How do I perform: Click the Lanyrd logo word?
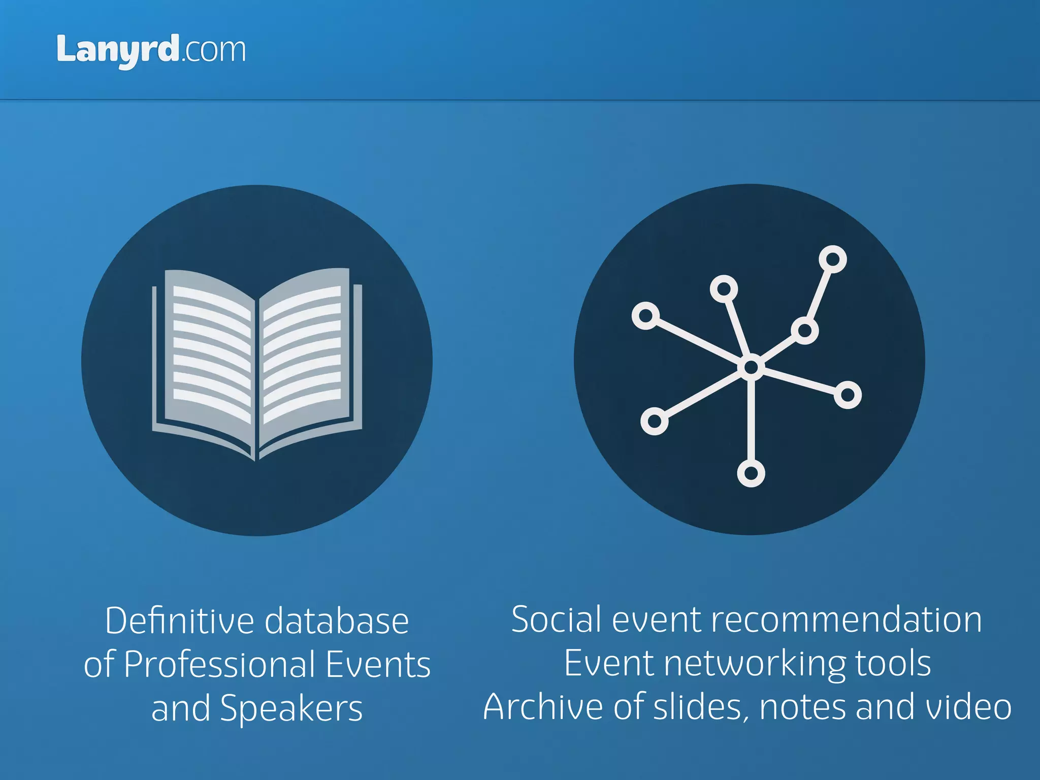(118, 50)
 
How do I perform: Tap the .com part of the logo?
(213, 51)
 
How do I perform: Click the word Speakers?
(291, 708)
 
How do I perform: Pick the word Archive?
(543, 707)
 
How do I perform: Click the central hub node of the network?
(751, 367)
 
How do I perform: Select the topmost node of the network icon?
(833, 259)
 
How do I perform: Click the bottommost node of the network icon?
(751, 473)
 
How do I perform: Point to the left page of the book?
(211, 355)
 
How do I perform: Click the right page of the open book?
(304, 355)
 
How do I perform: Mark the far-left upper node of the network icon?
(645, 316)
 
